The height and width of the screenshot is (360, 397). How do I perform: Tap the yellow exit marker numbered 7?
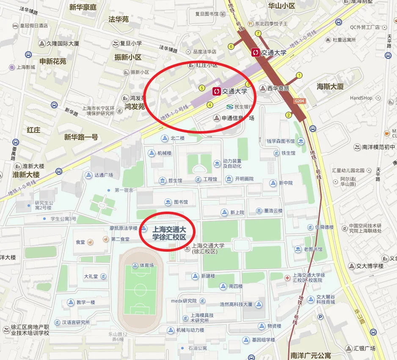pyautogui.click(x=258, y=33)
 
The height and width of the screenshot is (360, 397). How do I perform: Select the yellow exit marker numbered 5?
pyautogui.click(x=202, y=88)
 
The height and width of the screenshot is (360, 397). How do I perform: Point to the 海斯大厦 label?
pyautogui.click(x=330, y=86)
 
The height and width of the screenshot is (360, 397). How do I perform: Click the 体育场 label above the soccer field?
pyautogui.click(x=146, y=266)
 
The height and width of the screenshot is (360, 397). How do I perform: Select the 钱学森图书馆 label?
pyautogui.click(x=280, y=141)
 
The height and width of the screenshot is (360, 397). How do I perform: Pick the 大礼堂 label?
pyautogui.click(x=91, y=277)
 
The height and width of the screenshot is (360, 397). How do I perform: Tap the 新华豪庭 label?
pyautogui.click(x=83, y=7)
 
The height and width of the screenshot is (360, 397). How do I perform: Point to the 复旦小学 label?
pyautogui.click(x=130, y=43)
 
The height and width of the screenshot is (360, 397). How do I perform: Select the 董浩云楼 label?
pyautogui.click(x=273, y=211)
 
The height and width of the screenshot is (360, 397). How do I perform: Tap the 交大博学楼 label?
pyautogui.click(x=369, y=266)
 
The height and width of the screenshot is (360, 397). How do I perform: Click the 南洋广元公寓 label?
pyautogui.click(x=311, y=355)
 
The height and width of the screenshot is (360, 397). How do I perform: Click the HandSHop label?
pyautogui.click(x=361, y=98)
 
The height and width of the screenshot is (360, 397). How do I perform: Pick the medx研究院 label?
pyautogui.click(x=184, y=301)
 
